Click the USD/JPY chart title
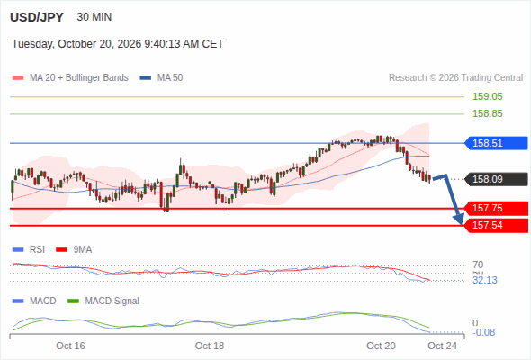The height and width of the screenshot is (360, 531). coord(37,17)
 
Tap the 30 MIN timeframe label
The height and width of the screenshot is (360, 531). coord(94,17)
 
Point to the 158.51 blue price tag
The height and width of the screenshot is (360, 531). coord(496,143)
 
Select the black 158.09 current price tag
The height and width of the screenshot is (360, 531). coord(496,179)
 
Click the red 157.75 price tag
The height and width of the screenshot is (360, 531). coord(496,208)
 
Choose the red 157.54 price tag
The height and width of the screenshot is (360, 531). coord(496,225)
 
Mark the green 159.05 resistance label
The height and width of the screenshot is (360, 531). coord(487,96)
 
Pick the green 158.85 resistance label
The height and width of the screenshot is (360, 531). coord(487,113)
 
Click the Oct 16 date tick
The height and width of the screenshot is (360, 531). coord(70,346)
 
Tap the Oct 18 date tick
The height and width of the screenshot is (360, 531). coord(210,346)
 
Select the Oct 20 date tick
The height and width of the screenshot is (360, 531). coord(381,346)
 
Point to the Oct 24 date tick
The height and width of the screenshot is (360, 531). coord(442,346)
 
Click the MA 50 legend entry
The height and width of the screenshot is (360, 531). coord(161,78)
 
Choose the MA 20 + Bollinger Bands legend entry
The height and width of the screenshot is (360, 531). coord(70,78)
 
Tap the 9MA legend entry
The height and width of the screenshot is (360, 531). coord(74,250)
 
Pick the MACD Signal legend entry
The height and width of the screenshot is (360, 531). coord(103,301)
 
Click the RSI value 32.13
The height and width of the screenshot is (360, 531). coord(485,281)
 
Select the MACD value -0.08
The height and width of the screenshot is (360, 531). coord(483,332)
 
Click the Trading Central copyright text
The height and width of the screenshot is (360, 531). coord(455,78)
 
